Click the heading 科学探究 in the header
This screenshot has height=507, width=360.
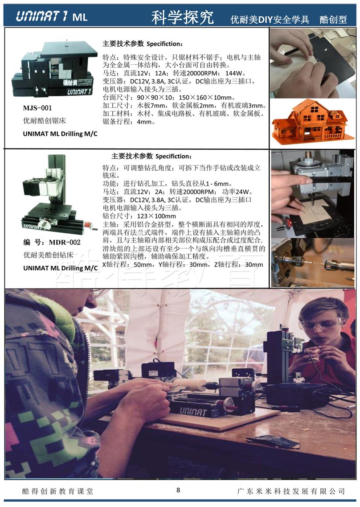pyautogui.click(x=182, y=17)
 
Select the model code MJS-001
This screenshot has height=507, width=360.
pyautogui.click(x=37, y=108)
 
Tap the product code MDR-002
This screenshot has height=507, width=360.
pyautogui.click(x=65, y=242)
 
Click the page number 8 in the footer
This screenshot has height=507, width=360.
pyautogui.click(x=178, y=490)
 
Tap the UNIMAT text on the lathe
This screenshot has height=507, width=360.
pyautogui.click(x=192, y=412)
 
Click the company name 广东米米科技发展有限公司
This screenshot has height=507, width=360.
pyautogui.click(x=291, y=491)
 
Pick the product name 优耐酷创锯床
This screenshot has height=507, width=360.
pyautogui.click(x=44, y=120)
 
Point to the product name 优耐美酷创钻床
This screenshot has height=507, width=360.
pyautogui.click(x=49, y=255)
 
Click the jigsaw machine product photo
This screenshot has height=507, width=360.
pyautogui.click(x=54, y=69)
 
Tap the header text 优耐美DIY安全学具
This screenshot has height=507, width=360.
pyautogui.click(x=270, y=20)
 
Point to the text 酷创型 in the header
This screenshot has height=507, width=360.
pyautogui.click(x=333, y=20)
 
